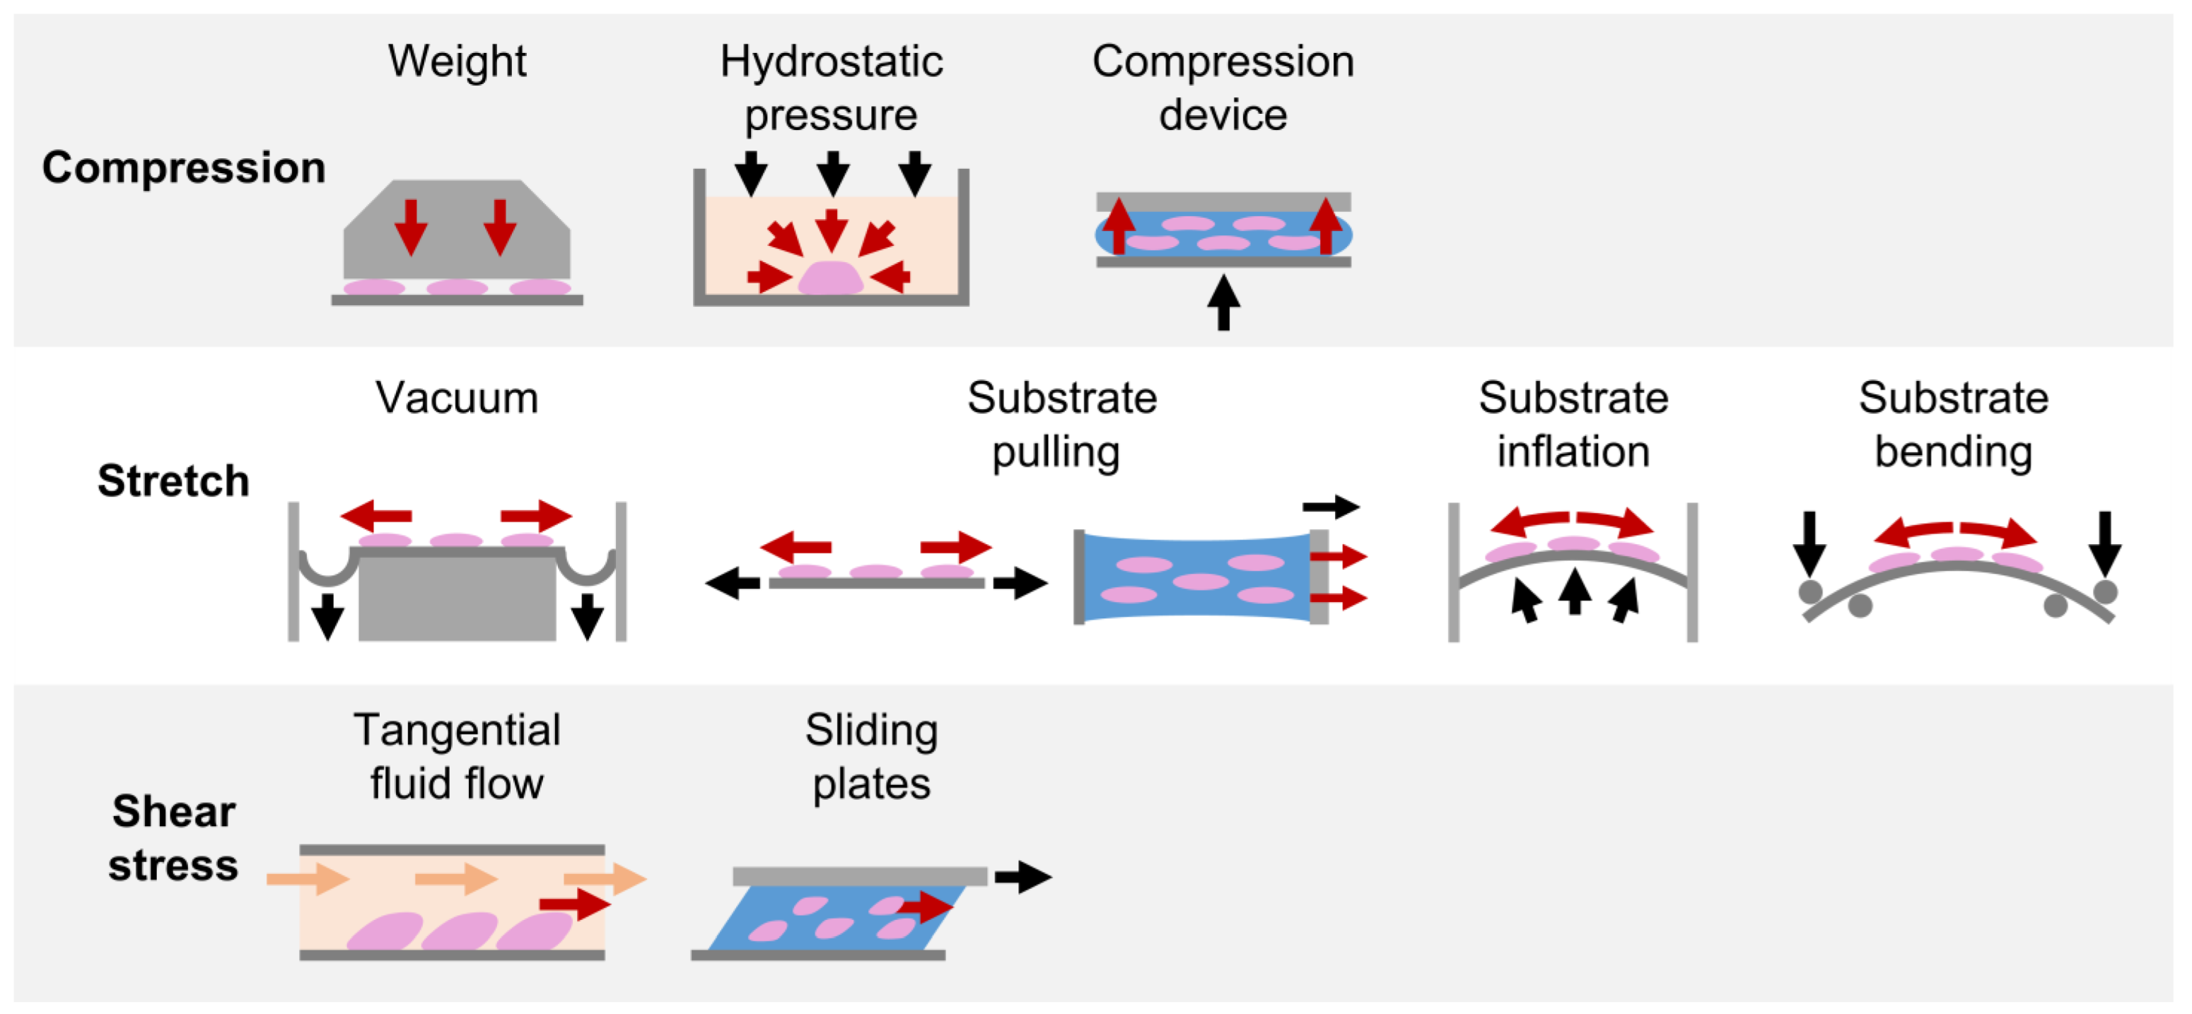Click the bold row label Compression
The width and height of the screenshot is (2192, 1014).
point(184,167)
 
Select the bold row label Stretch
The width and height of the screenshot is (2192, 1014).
point(173,481)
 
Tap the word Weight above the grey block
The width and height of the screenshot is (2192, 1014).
point(457,61)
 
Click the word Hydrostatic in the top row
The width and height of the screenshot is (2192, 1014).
point(832,61)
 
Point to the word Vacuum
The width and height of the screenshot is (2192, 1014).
point(457,397)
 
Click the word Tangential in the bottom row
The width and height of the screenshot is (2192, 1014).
point(457,729)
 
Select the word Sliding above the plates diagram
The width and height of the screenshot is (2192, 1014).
point(871,729)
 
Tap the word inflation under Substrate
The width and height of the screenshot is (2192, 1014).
point(1573,451)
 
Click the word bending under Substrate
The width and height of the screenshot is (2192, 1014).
point(1954,451)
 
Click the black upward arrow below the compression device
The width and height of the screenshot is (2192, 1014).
point(1223,302)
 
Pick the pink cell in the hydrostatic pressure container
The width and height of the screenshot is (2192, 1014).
point(831,278)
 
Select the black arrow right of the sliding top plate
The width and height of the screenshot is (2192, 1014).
point(1024,876)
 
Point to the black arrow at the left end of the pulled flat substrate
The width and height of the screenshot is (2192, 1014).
point(733,583)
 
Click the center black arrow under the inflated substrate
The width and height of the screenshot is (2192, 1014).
point(1575,591)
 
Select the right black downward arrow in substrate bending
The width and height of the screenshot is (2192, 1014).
point(2104,543)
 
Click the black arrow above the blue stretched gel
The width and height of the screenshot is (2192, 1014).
point(1331,507)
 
